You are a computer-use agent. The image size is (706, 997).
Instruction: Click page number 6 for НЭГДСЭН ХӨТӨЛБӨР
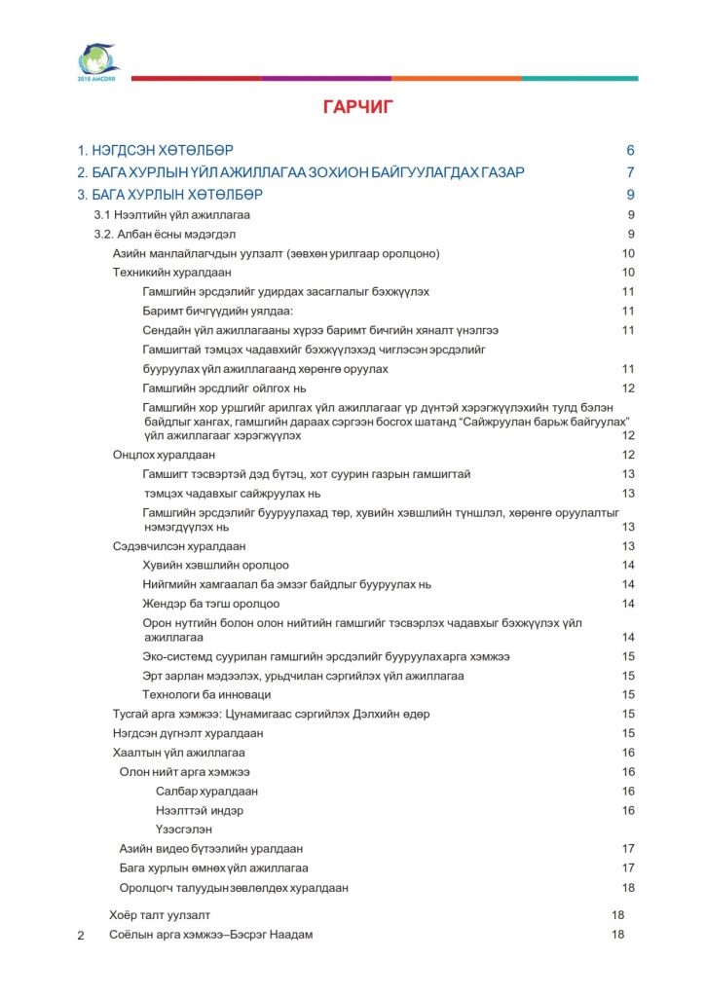[630, 151]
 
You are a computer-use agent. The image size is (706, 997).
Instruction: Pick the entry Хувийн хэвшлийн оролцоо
[215, 566]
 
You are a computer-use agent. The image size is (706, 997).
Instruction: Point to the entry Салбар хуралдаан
[206, 792]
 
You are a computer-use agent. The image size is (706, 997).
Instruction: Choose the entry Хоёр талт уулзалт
[160, 915]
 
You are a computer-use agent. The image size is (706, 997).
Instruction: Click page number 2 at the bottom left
[81, 937]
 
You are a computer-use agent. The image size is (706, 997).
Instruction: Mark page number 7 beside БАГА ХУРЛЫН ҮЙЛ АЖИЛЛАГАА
[630, 172]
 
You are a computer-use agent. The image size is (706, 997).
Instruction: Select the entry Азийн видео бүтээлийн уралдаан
[211, 849]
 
